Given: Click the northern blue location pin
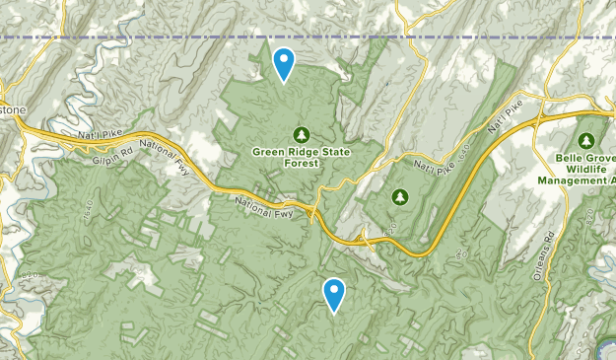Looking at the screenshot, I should coord(284,63).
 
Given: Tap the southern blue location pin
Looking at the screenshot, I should coord(335,293).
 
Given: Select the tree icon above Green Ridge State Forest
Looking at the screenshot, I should coord(301,134).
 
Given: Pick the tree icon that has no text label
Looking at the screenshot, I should coord(400,197).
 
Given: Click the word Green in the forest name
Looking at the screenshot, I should coord(268,152).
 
